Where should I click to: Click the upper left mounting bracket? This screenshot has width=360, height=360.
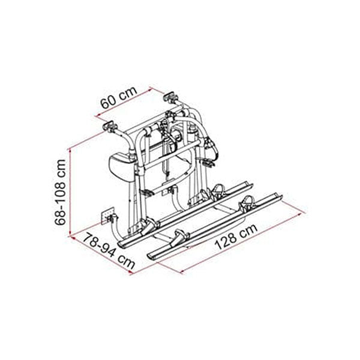point(110,126)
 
